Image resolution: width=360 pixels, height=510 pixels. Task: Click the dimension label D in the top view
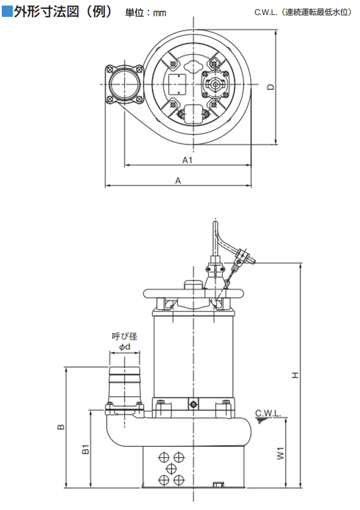(x=271, y=87)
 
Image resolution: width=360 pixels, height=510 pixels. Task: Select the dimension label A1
(x=187, y=160)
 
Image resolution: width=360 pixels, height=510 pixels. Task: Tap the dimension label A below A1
(x=178, y=180)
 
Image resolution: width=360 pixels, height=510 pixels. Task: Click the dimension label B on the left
(x=60, y=427)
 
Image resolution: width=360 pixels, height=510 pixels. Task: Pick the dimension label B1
(x=85, y=449)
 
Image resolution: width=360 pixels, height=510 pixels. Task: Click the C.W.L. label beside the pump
(x=267, y=413)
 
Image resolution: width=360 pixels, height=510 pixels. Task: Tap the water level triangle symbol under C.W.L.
(x=260, y=421)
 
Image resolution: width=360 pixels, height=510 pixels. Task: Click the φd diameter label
(x=125, y=347)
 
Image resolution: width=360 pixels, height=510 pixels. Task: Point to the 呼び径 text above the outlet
(x=125, y=337)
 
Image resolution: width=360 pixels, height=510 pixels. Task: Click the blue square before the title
(x=7, y=11)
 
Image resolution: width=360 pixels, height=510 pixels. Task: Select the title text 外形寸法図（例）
(x=63, y=11)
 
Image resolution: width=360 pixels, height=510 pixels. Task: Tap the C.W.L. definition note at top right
(x=303, y=13)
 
